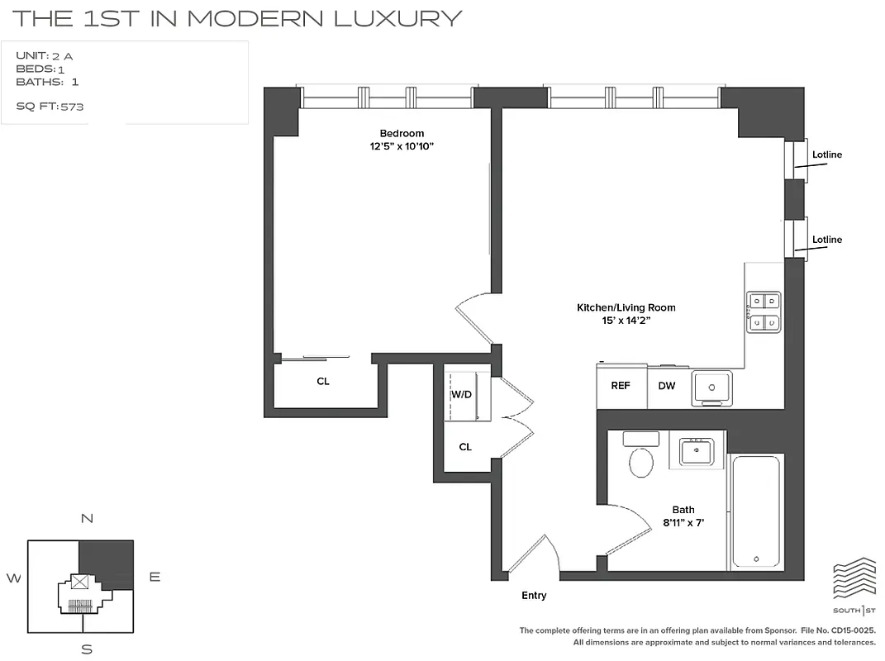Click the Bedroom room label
click(402, 134)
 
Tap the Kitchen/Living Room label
click(626, 307)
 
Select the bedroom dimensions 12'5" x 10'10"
click(402, 147)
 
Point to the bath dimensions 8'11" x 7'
click(683, 522)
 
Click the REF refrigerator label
click(621, 386)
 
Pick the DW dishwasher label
click(666, 386)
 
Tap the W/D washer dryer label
click(461, 394)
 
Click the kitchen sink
click(711, 387)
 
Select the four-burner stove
click(764, 311)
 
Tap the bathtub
click(755, 511)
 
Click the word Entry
click(534, 596)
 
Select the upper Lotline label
click(826, 155)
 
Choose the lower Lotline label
click(826, 240)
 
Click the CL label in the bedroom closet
click(323, 382)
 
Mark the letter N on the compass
click(86, 519)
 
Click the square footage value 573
click(72, 107)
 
